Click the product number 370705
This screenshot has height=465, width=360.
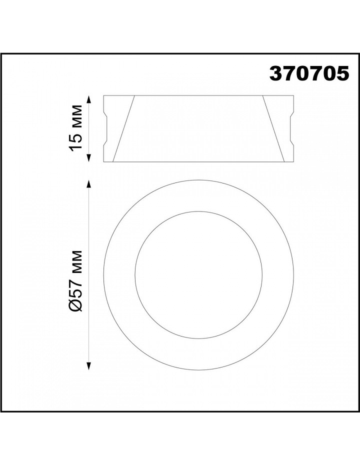click(309, 73)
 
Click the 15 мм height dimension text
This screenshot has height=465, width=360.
click(75, 128)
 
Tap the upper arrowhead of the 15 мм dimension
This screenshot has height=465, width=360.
click(88, 99)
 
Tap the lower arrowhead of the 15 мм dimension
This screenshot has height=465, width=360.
click(88, 158)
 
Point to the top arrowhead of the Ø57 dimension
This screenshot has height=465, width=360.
click(88, 184)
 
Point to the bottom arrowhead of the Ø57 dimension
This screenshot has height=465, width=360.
click(88, 366)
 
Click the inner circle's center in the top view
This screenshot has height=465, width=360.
click(198, 275)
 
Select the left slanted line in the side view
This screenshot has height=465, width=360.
click(123, 128)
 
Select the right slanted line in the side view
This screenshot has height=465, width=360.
click(273, 128)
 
